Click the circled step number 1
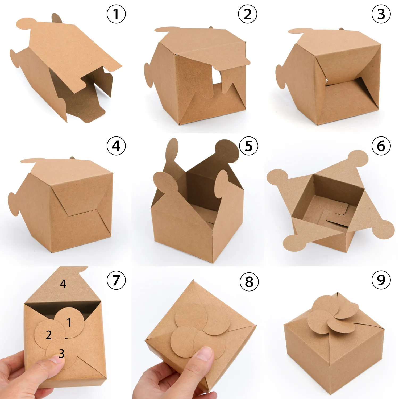116,14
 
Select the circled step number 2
247,14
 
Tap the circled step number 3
381,14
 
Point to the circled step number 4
116,146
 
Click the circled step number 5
248,146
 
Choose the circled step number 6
381,146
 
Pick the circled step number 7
116,280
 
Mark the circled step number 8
249,281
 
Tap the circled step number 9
381,280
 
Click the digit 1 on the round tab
69,322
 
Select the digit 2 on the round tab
49,335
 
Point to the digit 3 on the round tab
62,354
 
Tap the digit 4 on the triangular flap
63,284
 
